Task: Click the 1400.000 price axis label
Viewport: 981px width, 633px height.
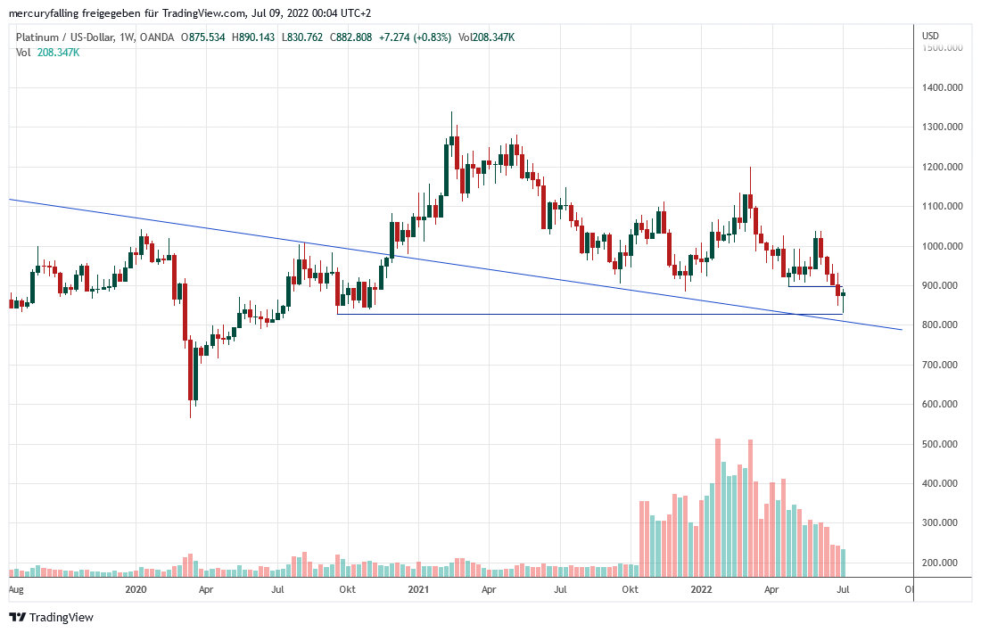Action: (942, 87)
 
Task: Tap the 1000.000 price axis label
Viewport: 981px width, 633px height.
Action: (942, 246)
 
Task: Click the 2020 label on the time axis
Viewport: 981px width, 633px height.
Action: (136, 589)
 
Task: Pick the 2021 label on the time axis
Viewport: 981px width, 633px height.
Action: (418, 589)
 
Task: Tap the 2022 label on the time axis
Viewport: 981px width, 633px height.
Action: (702, 589)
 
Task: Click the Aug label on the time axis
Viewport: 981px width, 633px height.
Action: (15, 589)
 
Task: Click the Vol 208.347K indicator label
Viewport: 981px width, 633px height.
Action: (48, 53)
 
